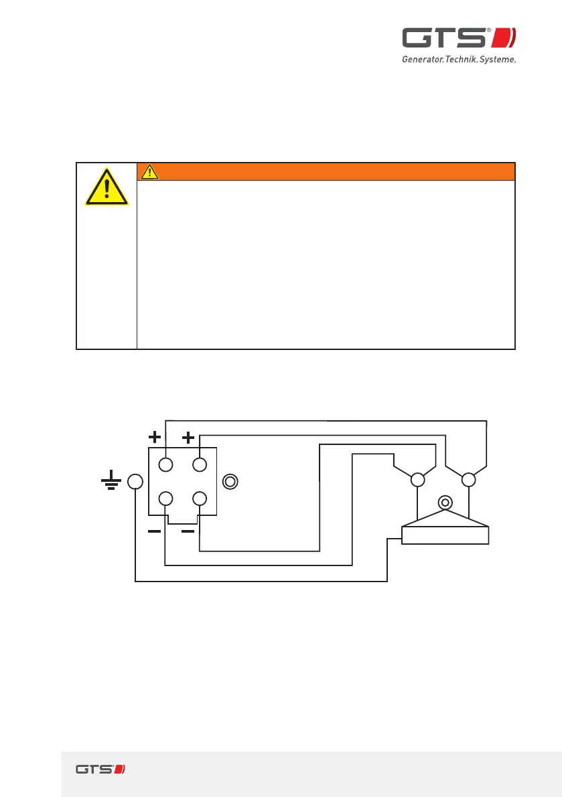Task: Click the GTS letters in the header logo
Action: pyautogui.click(x=445, y=38)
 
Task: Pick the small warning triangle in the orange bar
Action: pyautogui.click(x=149, y=172)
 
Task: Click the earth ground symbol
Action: pyautogui.click(x=111, y=481)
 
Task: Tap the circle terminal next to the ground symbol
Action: pyautogui.click(x=135, y=481)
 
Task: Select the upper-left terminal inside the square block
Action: pyautogui.click(x=165, y=464)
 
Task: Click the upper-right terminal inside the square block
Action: pyautogui.click(x=199, y=464)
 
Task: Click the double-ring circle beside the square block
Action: pyautogui.click(x=230, y=481)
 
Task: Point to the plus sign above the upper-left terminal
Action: pyautogui.click(x=155, y=438)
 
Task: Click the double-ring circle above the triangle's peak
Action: pyautogui.click(x=443, y=501)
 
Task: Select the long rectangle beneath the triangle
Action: pyautogui.click(x=445, y=535)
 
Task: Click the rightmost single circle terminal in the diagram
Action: pyautogui.click(x=469, y=480)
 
